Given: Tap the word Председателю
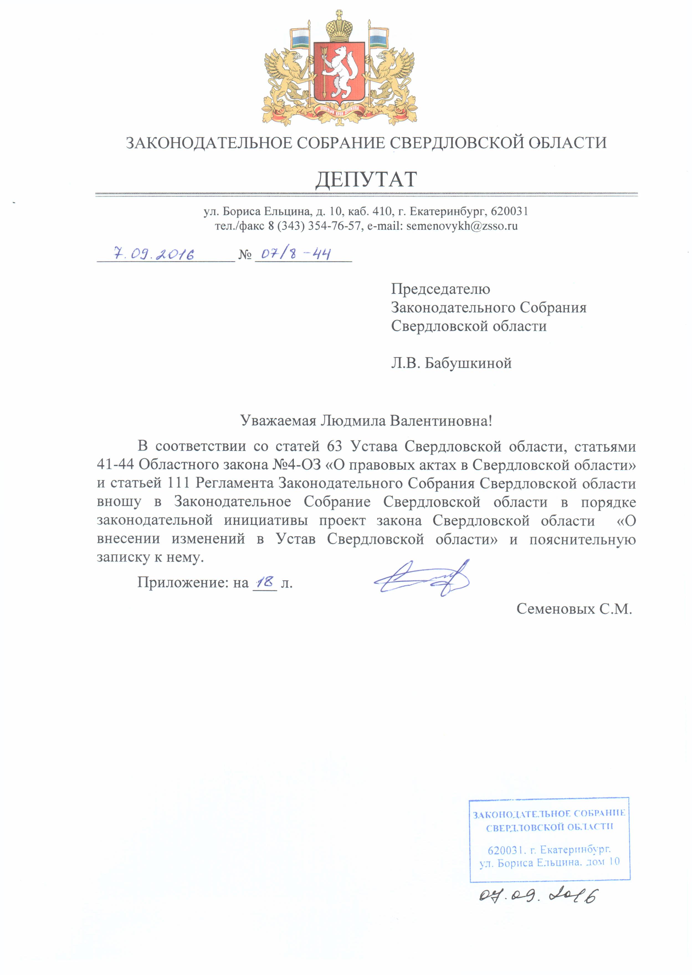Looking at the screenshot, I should [440, 289].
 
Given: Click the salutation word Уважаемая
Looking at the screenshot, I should [278, 421].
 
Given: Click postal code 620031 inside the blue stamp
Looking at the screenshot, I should [505, 850].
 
